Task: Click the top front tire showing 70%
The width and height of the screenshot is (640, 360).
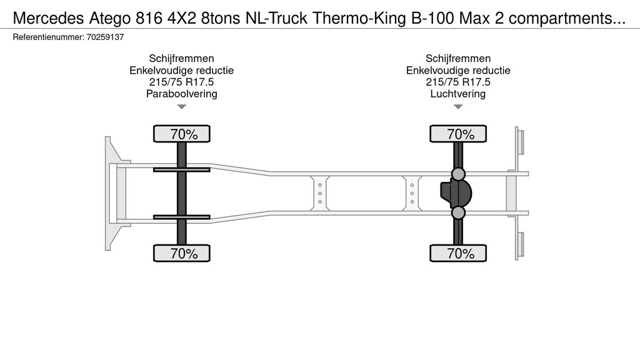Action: (182, 134)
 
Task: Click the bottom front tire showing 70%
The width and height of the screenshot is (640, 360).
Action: (182, 253)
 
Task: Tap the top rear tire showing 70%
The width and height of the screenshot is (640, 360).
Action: (458, 134)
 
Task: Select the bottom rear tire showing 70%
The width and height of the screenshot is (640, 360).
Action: (458, 253)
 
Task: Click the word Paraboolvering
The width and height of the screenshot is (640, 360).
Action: (182, 94)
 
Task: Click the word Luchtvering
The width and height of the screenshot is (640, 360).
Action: (458, 94)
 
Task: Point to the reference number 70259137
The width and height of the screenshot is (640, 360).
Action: (105, 37)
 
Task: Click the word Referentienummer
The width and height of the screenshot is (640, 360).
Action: (48, 37)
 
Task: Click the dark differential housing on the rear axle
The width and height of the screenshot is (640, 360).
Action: (456, 193)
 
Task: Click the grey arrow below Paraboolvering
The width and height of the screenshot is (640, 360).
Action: (182, 107)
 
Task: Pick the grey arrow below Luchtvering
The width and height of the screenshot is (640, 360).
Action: (458, 107)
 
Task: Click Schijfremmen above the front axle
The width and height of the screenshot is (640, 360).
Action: (182, 58)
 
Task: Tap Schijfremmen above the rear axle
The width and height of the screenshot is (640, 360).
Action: (458, 58)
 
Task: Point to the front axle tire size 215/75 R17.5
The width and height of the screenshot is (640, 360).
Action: (182, 82)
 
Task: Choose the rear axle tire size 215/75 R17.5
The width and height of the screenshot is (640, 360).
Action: (458, 82)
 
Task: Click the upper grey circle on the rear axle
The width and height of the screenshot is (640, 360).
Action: (458, 174)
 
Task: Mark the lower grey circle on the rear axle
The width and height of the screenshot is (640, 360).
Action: (458, 212)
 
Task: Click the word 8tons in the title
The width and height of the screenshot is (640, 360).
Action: (220, 18)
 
